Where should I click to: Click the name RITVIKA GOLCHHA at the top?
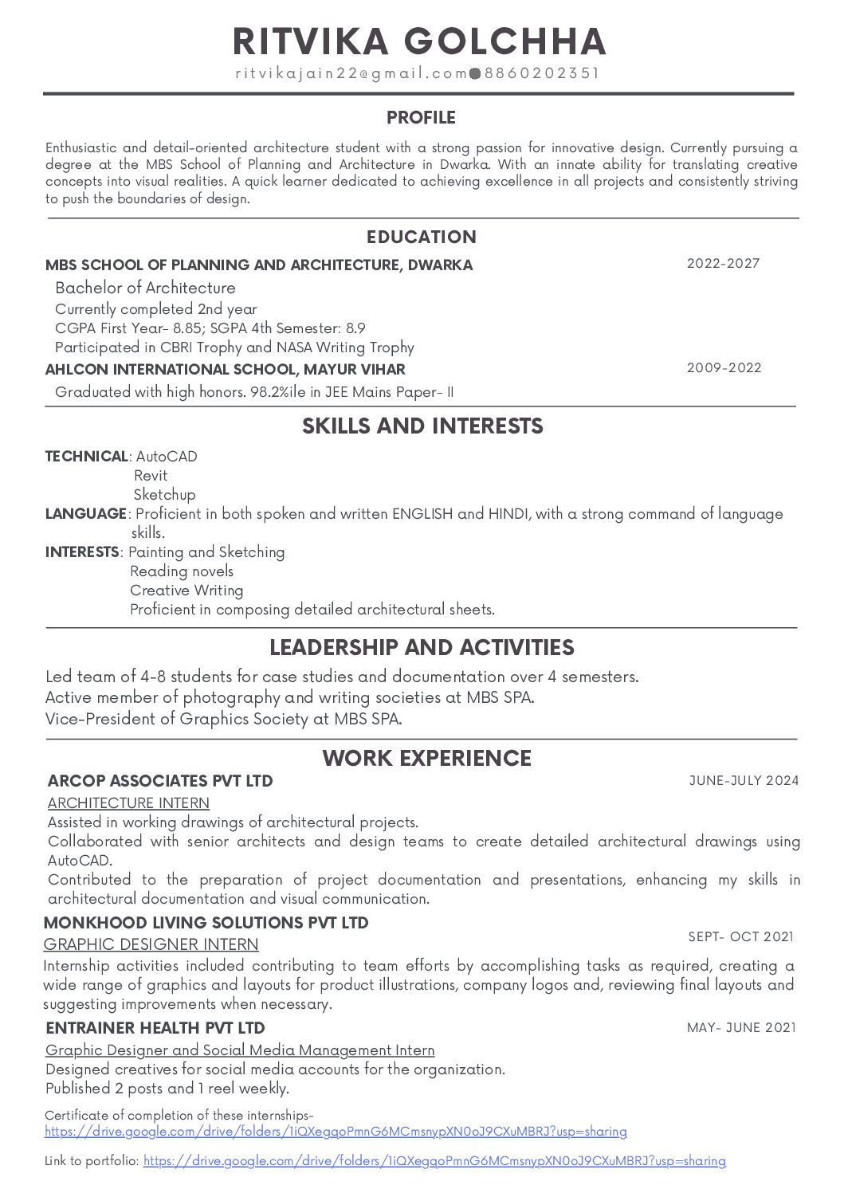tap(420, 41)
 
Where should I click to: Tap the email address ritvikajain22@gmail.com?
tap(351, 73)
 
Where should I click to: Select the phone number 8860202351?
tap(541, 73)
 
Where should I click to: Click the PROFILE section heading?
tap(421, 118)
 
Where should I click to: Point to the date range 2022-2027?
tap(723, 264)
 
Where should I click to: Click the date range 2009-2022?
tap(724, 368)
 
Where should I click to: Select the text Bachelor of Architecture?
tap(145, 288)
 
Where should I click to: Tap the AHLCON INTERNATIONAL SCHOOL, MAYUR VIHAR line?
tap(225, 370)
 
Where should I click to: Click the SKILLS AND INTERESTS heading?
tap(422, 426)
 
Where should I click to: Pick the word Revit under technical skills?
tap(151, 476)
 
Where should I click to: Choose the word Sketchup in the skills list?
tap(164, 495)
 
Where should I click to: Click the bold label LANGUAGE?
tap(85, 514)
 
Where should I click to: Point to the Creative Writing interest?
tap(186, 591)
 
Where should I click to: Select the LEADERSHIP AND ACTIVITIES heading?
tap(422, 647)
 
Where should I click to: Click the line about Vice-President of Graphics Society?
tap(223, 719)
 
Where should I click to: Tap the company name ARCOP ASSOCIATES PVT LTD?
tap(160, 781)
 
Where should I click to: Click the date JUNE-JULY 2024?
tap(744, 781)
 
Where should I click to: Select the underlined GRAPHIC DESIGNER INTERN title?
tap(151, 944)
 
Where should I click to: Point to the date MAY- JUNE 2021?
tap(741, 1028)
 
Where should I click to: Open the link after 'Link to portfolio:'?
tap(434, 1161)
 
